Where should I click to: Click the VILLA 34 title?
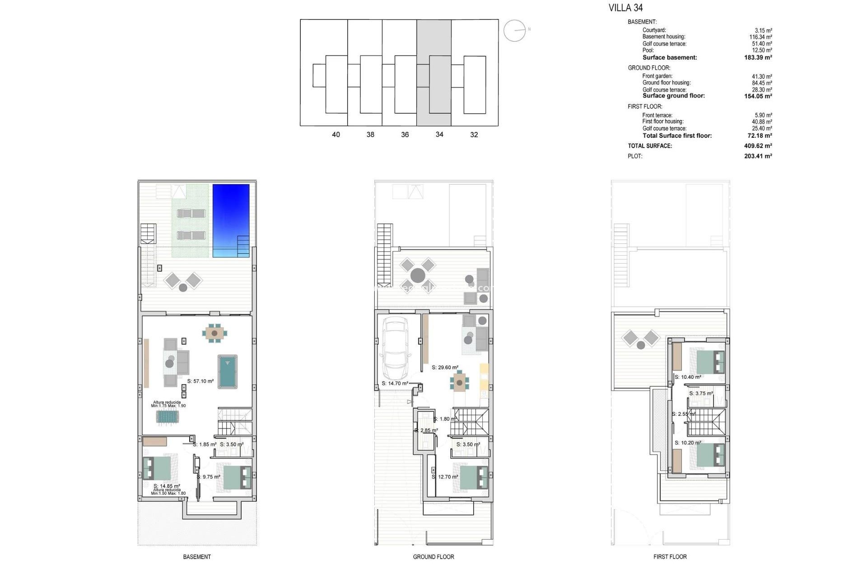tap(625, 8)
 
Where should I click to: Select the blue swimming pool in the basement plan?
tap(231, 220)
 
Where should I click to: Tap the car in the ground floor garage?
tap(395, 349)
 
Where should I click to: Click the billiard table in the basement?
tap(228, 372)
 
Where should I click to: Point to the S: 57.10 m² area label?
tap(200, 381)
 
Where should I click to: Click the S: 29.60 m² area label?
tap(445, 368)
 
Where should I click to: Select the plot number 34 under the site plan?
tap(439, 135)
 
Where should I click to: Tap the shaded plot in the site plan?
tap(433, 72)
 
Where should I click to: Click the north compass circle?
tap(515, 31)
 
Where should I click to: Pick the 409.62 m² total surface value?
tap(758, 146)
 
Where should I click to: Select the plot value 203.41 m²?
tap(758, 156)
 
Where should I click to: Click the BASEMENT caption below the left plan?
tap(197, 557)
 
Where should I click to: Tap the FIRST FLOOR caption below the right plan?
tap(670, 557)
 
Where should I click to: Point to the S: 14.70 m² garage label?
tap(395, 383)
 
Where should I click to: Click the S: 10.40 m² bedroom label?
tap(688, 377)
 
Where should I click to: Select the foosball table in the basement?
tap(168, 416)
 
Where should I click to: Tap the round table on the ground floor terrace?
tap(418, 275)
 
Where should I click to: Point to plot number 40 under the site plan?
tap(336, 135)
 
